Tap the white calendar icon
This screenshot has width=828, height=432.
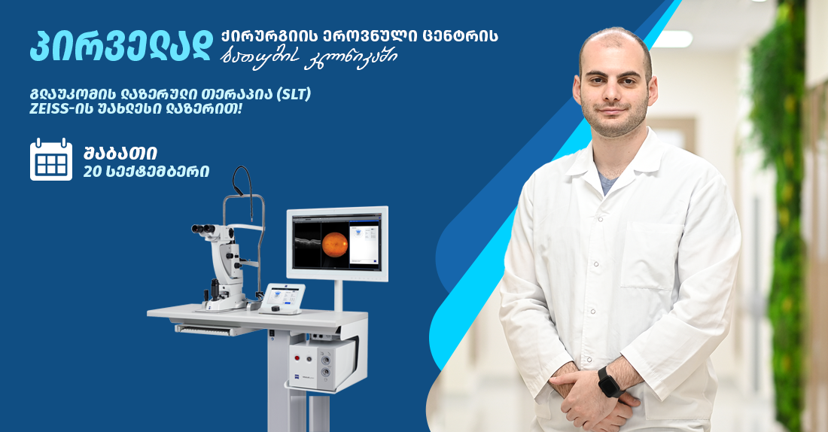click(51, 160)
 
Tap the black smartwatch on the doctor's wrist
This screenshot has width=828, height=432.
click(610, 382)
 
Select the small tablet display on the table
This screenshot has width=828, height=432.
click(280, 296)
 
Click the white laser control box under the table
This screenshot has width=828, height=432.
click(322, 364)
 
